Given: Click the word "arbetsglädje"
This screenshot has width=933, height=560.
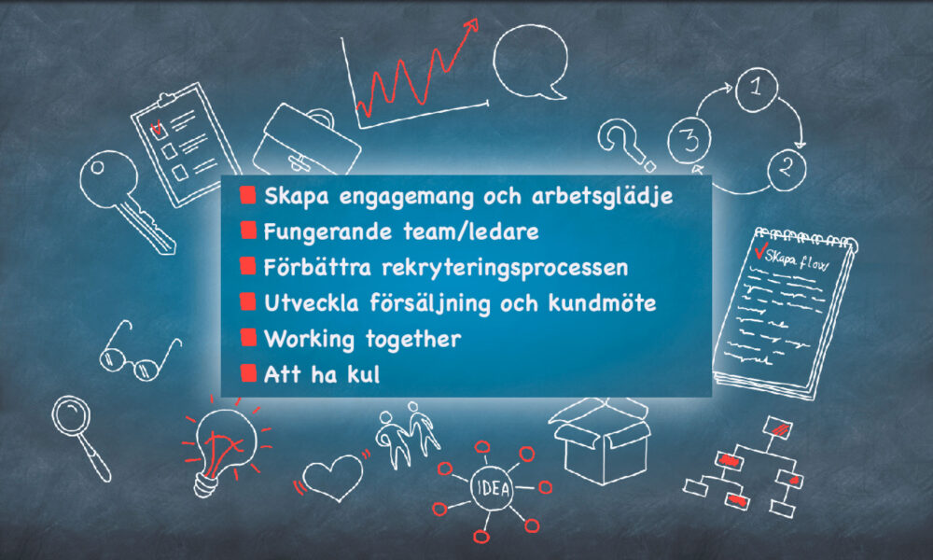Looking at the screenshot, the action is pyautogui.click(x=602, y=197).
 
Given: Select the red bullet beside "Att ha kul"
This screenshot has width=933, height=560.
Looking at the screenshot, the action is pyautogui.click(x=248, y=373).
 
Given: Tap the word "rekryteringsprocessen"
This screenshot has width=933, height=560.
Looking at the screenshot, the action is pyautogui.click(x=505, y=268).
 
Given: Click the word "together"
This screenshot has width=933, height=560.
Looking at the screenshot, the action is pyautogui.click(x=413, y=339).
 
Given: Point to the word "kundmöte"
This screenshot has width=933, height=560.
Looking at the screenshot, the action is pyautogui.click(x=602, y=303).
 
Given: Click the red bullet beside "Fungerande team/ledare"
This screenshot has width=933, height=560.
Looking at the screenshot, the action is pyautogui.click(x=248, y=231).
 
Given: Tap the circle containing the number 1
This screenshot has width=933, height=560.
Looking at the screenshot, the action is pyautogui.click(x=757, y=90).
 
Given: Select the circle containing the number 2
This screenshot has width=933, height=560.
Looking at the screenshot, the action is pyautogui.click(x=787, y=169).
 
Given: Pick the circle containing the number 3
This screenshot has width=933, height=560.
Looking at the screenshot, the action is pyautogui.click(x=689, y=140).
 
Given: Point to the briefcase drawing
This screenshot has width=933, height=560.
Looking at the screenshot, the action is pyautogui.click(x=306, y=143).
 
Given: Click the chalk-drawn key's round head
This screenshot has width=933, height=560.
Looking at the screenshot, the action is pyautogui.click(x=108, y=179).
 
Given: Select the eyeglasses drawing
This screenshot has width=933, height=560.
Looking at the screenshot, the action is pyautogui.click(x=139, y=352).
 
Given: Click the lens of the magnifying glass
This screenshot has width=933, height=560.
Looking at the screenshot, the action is pyautogui.click(x=71, y=415).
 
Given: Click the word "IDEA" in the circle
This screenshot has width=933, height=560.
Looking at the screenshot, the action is pyautogui.click(x=494, y=488).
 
